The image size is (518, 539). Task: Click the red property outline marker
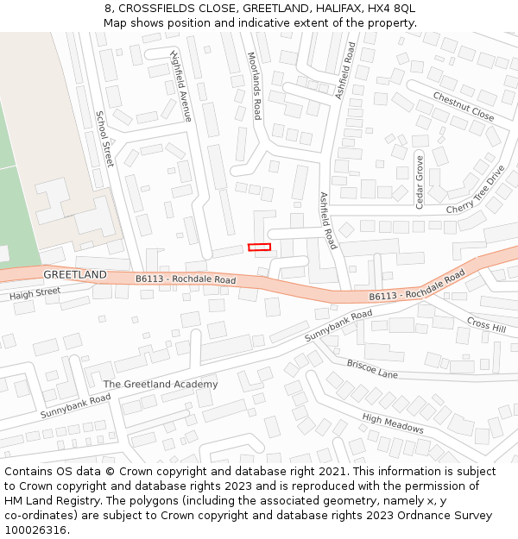pyautogui.click(x=259, y=248)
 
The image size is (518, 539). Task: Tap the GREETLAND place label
pyautogui.click(x=75, y=274)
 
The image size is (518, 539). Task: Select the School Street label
pyautogui.click(x=104, y=139)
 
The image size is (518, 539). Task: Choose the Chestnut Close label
pyautogui.click(x=463, y=106)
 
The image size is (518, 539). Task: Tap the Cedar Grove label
pyautogui.click(x=420, y=181)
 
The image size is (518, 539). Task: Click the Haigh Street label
pyautogui.click(x=35, y=294)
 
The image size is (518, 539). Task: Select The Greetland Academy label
pyautogui.click(x=161, y=384)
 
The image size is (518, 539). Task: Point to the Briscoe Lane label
pyautogui.click(x=372, y=369)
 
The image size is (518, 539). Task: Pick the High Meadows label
pyautogui.click(x=393, y=423)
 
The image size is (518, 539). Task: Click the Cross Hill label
pyautogui.click(x=486, y=323)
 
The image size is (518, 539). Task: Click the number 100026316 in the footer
pyautogui.click(x=35, y=530)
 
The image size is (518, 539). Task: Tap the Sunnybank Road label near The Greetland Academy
pyautogui.click(x=76, y=406)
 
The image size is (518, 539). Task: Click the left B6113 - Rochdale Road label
pyautogui.click(x=186, y=279)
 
